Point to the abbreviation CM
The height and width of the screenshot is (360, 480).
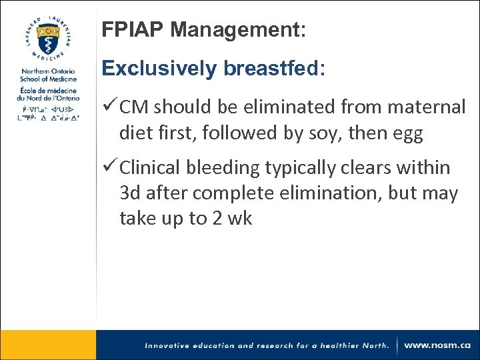pyautogui.click(x=134, y=107)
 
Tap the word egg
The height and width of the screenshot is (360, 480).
pyautogui.click(x=408, y=134)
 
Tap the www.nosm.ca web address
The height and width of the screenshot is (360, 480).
pyautogui.click(x=437, y=345)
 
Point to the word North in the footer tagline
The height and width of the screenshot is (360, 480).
pyautogui.click(x=373, y=345)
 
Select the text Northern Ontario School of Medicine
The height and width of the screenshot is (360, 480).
pyautogui.click(x=47, y=75)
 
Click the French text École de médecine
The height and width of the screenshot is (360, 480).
pyautogui.click(x=48, y=91)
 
